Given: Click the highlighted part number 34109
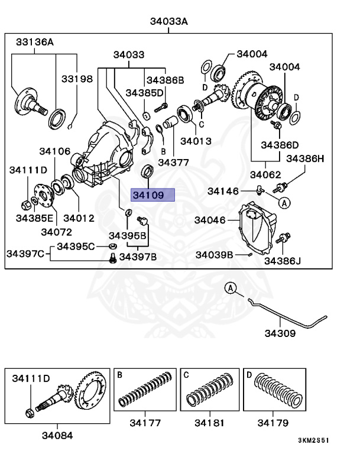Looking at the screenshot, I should tap(153, 195).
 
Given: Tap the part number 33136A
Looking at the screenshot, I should tap(34, 42).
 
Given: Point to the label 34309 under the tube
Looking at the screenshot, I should tap(279, 333).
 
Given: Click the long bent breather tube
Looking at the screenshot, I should tap(284, 313).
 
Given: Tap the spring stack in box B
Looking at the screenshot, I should tap(145, 393).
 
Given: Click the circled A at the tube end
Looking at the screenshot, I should tap(231, 288).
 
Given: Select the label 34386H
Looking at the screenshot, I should tap(306, 158).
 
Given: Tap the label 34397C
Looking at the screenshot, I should tap(25, 254).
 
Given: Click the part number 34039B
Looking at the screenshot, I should tap(214, 255).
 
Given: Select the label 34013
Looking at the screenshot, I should tap(196, 141).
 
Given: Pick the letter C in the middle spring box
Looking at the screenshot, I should tap(186, 375).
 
